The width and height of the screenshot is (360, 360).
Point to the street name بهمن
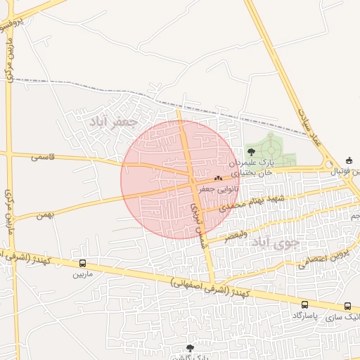click(46, 212)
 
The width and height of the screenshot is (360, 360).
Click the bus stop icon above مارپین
click(82, 264)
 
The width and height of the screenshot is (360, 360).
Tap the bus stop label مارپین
click(82, 274)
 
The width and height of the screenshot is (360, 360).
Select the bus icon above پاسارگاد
click(304, 304)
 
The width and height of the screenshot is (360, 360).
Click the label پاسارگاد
click(304, 315)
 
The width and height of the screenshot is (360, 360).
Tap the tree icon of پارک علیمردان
click(251, 151)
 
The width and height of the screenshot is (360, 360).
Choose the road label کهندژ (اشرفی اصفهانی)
click(212, 285)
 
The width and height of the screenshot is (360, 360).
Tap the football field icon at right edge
click(350, 161)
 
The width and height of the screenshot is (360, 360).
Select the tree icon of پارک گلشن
click(190, 347)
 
